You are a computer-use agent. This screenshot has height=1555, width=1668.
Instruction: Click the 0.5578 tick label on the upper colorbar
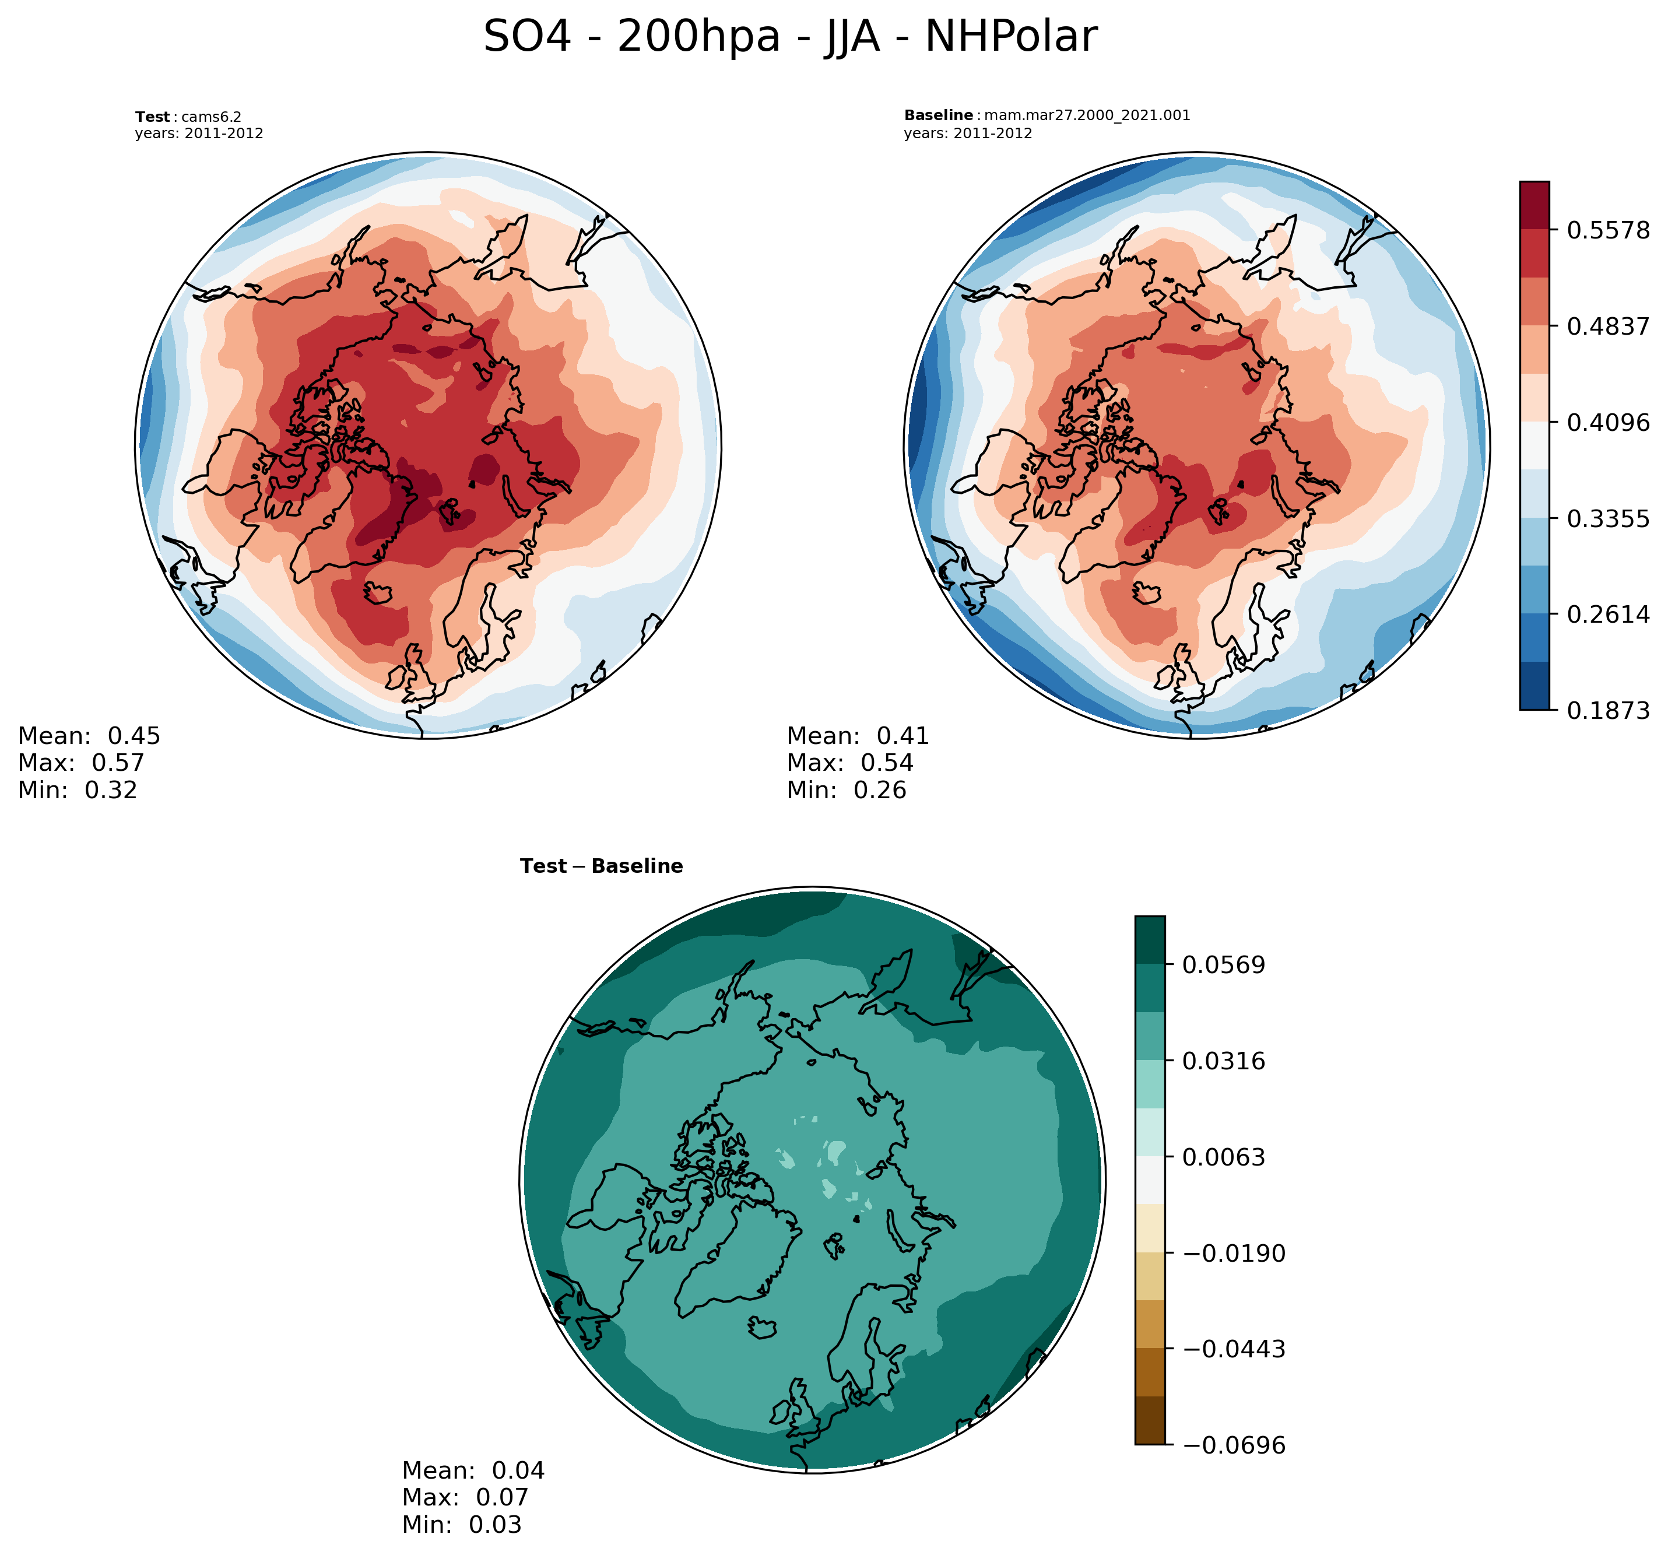pyautogui.click(x=1607, y=230)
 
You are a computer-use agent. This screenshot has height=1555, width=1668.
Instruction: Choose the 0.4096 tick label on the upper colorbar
pyautogui.click(x=1607, y=422)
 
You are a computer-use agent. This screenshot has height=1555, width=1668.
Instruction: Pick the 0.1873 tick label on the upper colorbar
pyautogui.click(x=1607, y=711)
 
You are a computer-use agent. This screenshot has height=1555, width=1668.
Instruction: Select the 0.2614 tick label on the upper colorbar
pyautogui.click(x=1607, y=615)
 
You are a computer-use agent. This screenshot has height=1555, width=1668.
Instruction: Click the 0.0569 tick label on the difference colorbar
pyautogui.click(x=1223, y=965)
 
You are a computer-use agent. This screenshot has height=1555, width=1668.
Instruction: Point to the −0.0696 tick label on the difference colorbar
pyautogui.click(x=1234, y=1445)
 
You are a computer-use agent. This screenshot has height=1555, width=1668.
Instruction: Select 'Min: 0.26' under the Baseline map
pyautogui.click(x=846, y=789)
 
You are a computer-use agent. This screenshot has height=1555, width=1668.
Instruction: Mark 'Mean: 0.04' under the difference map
pyautogui.click(x=473, y=1470)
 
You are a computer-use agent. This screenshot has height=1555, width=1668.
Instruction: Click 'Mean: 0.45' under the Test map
pyautogui.click(x=89, y=736)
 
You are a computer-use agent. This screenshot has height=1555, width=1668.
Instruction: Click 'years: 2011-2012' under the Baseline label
pyautogui.click(x=967, y=134)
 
